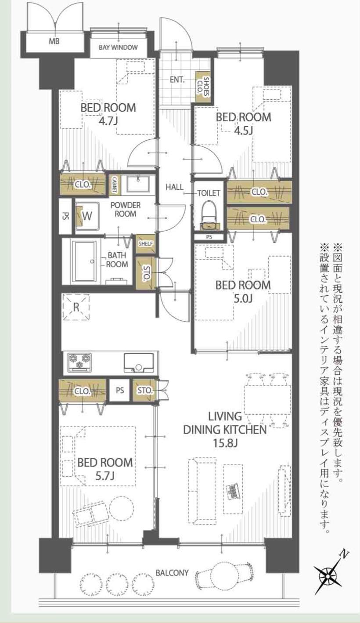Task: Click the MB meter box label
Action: [x=54, y=42]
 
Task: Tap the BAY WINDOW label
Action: [x=118, y=47]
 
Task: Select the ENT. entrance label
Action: [x=177, y=80]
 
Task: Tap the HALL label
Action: [x=174, y=187]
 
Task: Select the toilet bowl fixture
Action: [x=209, y=214]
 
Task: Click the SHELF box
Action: [x=145, y=244]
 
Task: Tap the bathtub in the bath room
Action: [x=84, y=261]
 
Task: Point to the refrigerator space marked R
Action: [x=76, y=308]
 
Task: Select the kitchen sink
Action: [x=138, y=362]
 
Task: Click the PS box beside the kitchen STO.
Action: [x=120, y=391]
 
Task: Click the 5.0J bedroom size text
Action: [x=243, y=298]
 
